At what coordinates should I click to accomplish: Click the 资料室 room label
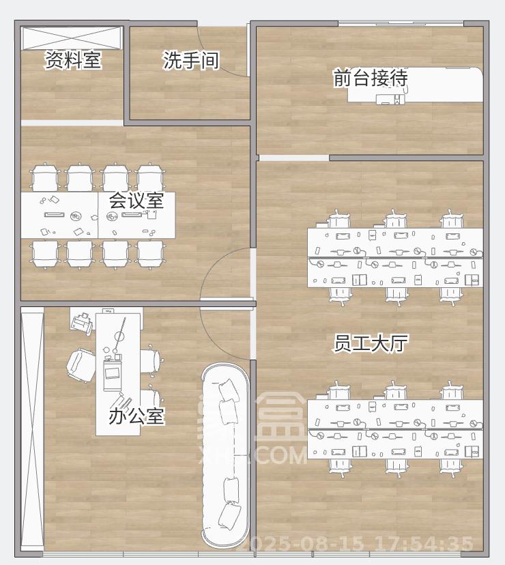pos(73,60)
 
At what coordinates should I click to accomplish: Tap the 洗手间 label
pos(191,60)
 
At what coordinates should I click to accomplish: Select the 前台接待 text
pos(371,78)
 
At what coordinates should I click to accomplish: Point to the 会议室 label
pos(136,201)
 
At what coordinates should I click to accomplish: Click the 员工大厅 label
pos(371,343)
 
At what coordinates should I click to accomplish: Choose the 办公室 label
pos(136,416)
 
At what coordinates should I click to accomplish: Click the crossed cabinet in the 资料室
pos(72,38)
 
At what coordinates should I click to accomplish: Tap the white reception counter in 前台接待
pos(416,85)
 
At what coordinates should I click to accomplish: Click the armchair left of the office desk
pos(80,364)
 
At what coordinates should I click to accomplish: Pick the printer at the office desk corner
pos(83,321)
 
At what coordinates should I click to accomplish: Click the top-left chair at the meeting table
pos(44,179)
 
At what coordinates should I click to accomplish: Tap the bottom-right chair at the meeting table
pos(150,252)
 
